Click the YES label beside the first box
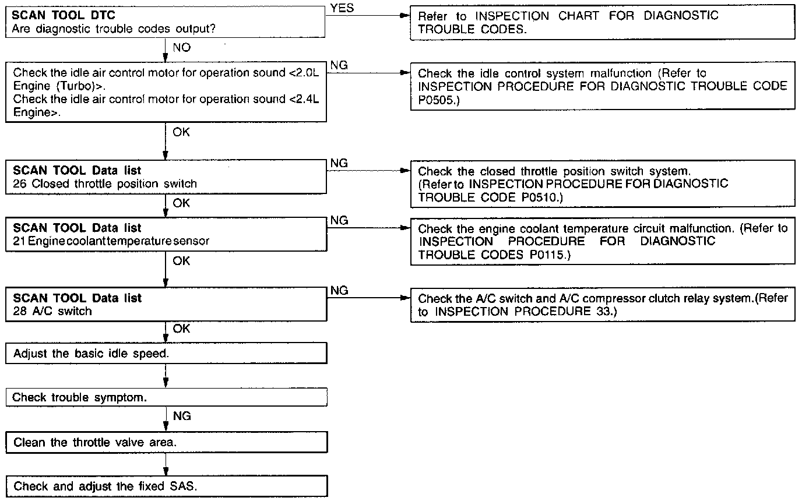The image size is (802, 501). [x=342, y=9]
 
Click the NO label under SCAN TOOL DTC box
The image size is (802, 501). [x=182, y=48]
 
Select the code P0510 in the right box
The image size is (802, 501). [x=534, y=197]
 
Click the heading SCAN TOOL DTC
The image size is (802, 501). [x=60, y=16]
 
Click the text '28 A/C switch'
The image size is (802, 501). [x=52, y=311]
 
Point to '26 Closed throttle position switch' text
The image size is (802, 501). [x=105, y=184]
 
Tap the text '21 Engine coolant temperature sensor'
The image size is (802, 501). [x=111, y=241]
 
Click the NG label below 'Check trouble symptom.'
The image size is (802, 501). [x=182, y=416]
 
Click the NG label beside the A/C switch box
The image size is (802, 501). [x=339, y=290]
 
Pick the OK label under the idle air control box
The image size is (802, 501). [x=181, y=132]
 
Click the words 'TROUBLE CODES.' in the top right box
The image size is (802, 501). [x=472, y=29]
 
